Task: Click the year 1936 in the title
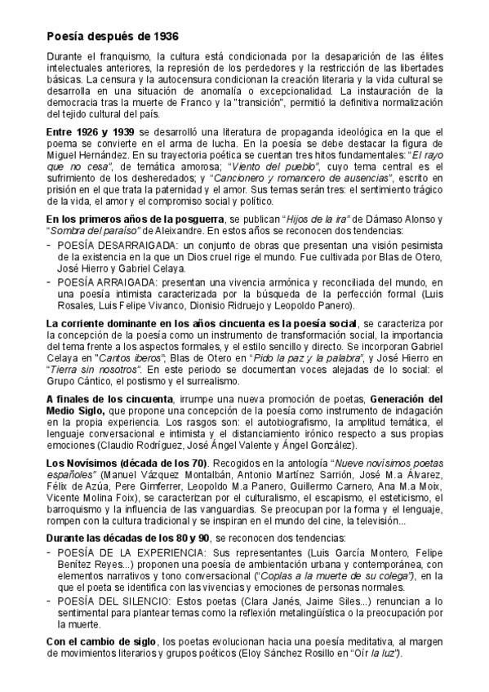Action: tap(163, 37)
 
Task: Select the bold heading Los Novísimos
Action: tap(82, 464)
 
